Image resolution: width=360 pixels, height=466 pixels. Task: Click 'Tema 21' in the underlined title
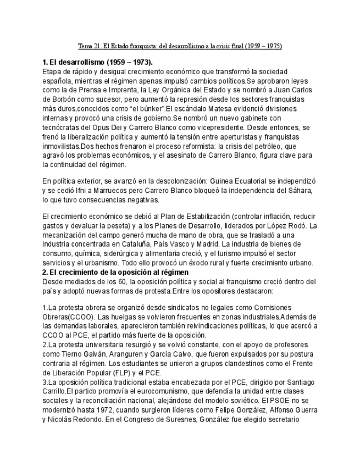pos(87,46)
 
